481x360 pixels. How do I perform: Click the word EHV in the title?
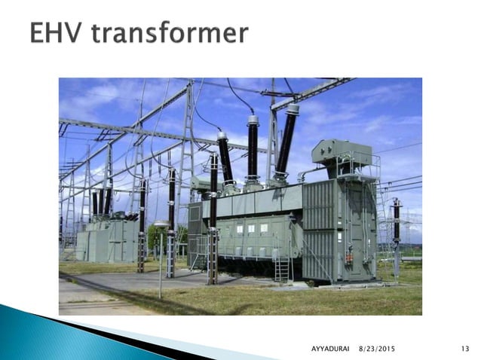[x=60, y=32]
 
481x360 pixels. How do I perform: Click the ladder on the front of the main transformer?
[x=280, y=264]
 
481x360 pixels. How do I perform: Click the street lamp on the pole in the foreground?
[x=161, y=225]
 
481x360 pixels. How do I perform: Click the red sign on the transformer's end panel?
[x=348, y=259]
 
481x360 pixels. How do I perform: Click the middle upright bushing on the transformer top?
[x=253, y=147]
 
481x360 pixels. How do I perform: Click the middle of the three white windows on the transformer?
[x=251, y=228]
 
